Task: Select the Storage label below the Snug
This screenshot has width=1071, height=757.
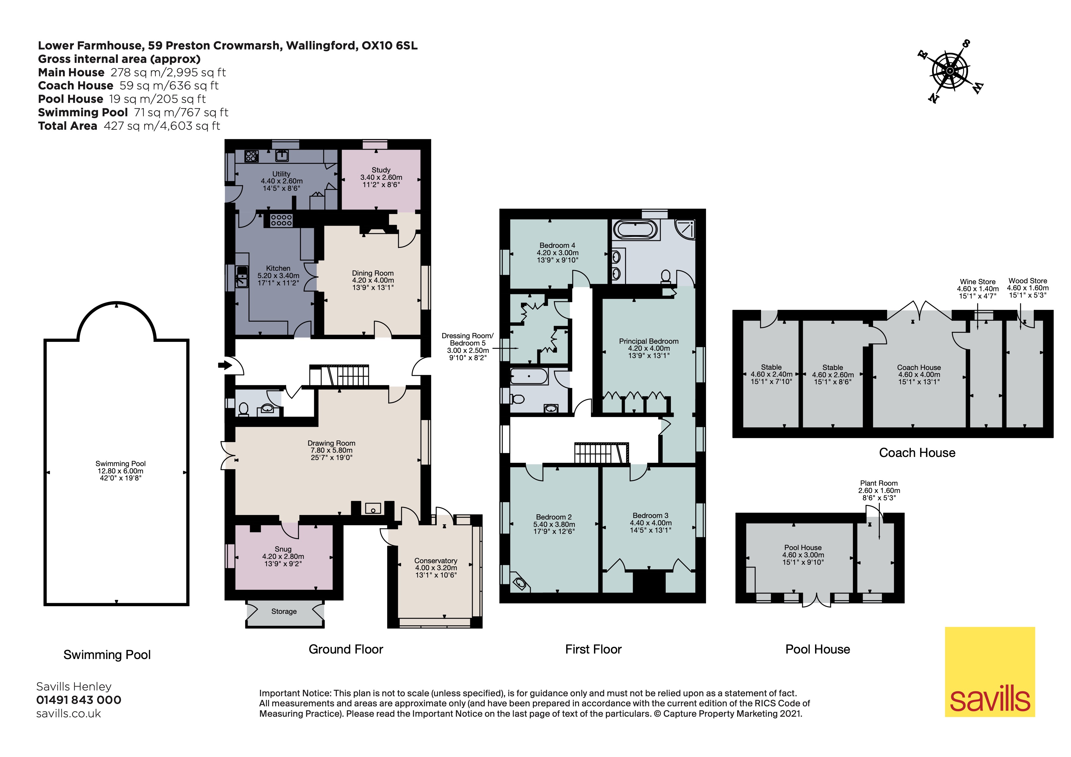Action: [284, 611]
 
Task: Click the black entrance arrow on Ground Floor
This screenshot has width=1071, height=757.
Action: [224, 365]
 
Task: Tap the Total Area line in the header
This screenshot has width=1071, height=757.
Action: [129, 126]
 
